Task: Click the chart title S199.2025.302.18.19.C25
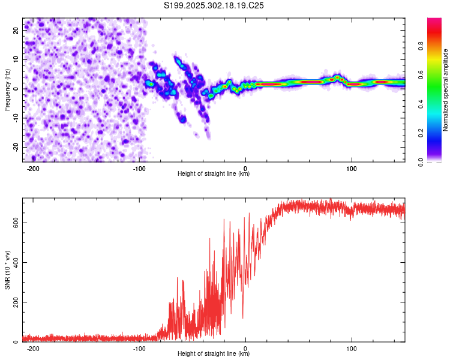point(214,6)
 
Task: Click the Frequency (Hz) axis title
point(7,90)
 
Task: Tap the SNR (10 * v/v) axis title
point(7,269)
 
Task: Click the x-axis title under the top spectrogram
point(214,174)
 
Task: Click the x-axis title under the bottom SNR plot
point(214,354)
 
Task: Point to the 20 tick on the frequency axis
point(16,30)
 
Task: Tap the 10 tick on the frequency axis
point(16,59)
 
